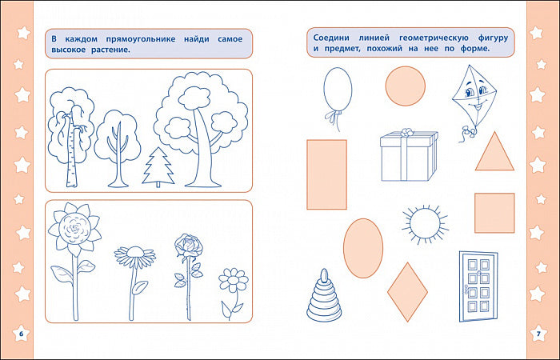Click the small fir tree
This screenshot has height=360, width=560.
point(158,167)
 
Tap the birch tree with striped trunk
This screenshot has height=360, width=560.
point(71,138)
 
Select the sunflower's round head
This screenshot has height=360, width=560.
point(74,227)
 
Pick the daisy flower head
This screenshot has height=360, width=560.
point(135,256)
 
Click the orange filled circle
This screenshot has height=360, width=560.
point(406,86)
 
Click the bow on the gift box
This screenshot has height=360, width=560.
point(406,132)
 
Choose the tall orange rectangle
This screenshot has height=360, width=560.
point(326,174)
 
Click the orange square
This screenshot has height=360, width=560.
point(494,214)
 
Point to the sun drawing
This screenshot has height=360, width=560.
point(425,224)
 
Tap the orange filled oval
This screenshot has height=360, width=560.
point(363,248)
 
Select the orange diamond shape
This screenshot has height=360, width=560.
point(407,292)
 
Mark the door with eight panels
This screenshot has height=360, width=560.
point(478,286)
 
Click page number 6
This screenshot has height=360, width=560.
point(21,334)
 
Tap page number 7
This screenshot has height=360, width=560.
point(538,334)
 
